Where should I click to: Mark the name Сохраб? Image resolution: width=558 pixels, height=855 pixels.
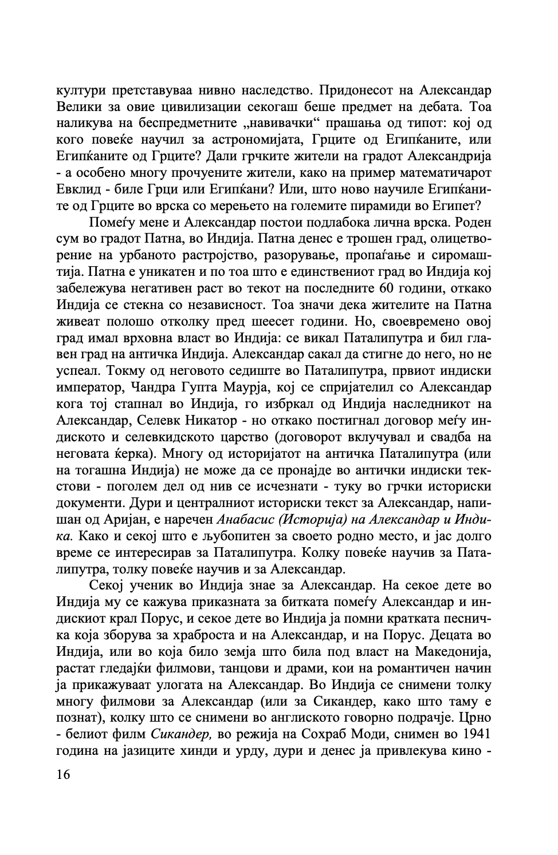tap(338, 734)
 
